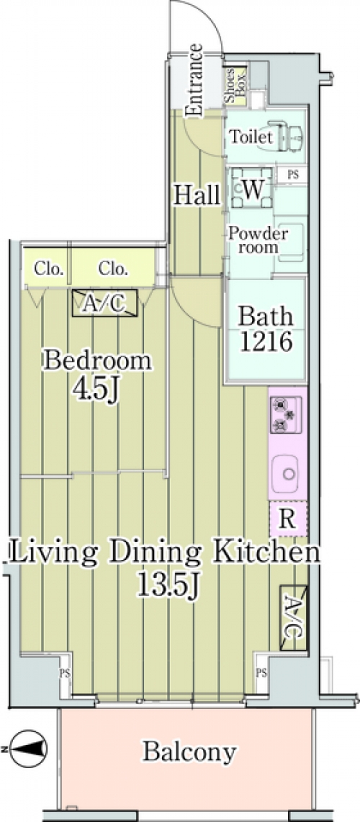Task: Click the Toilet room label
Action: point(251,137)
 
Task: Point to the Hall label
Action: point(197,195)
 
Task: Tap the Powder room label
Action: point(258,240)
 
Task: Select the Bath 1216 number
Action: point(265,342)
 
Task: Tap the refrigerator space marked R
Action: point(287,518)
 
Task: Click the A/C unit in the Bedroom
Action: point(105,302)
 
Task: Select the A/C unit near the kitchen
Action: point(293,618)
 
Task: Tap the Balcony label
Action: point(189,752)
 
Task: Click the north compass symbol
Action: point(28,749)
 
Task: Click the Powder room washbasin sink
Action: point(290,243)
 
